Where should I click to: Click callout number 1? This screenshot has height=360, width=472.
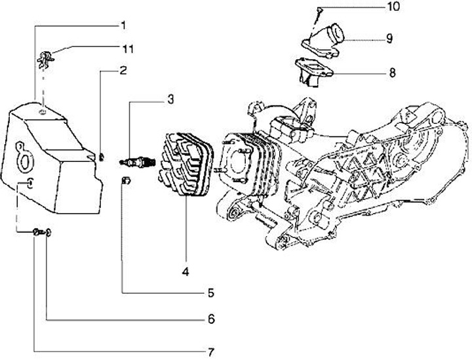(x=123, y=26)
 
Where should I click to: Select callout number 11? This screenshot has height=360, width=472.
(x=127, y=49)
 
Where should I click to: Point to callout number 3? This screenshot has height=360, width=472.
(x=170, y=100)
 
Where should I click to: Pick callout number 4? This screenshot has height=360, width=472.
(x=186, y=271)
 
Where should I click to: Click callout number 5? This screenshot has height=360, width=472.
(x=211, y=293)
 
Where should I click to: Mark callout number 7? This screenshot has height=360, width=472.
(x=211, y=350)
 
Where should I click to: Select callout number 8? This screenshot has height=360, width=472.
(x=392, y=73)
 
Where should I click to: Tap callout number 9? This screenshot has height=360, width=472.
(x=389, y=39)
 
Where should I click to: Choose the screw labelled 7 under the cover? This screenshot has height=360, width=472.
(x=37, y=231)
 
